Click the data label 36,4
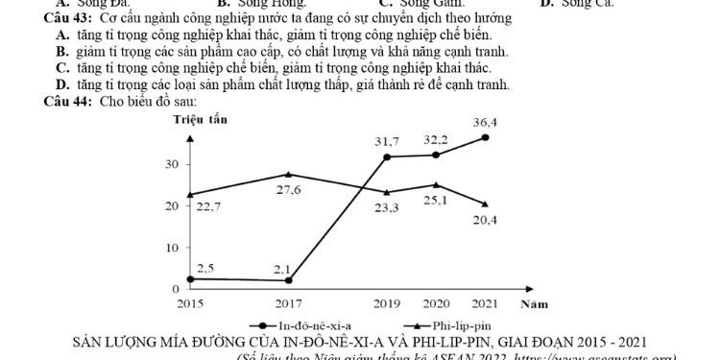click(x=485, y=122)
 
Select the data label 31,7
click(x=387, y=142)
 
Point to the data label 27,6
click(x=290, y=191)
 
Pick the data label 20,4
click(x=485, y=221)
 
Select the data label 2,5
click(x=205, y=268)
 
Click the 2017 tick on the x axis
click(x=290, y=303)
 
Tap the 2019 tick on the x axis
click(x=388, y=303)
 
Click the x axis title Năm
click(x=534, y=304)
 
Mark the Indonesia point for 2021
click(x=486, y=137)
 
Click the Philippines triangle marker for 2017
click(x=290, y=175)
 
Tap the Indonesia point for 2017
click(x=290, y=280)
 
